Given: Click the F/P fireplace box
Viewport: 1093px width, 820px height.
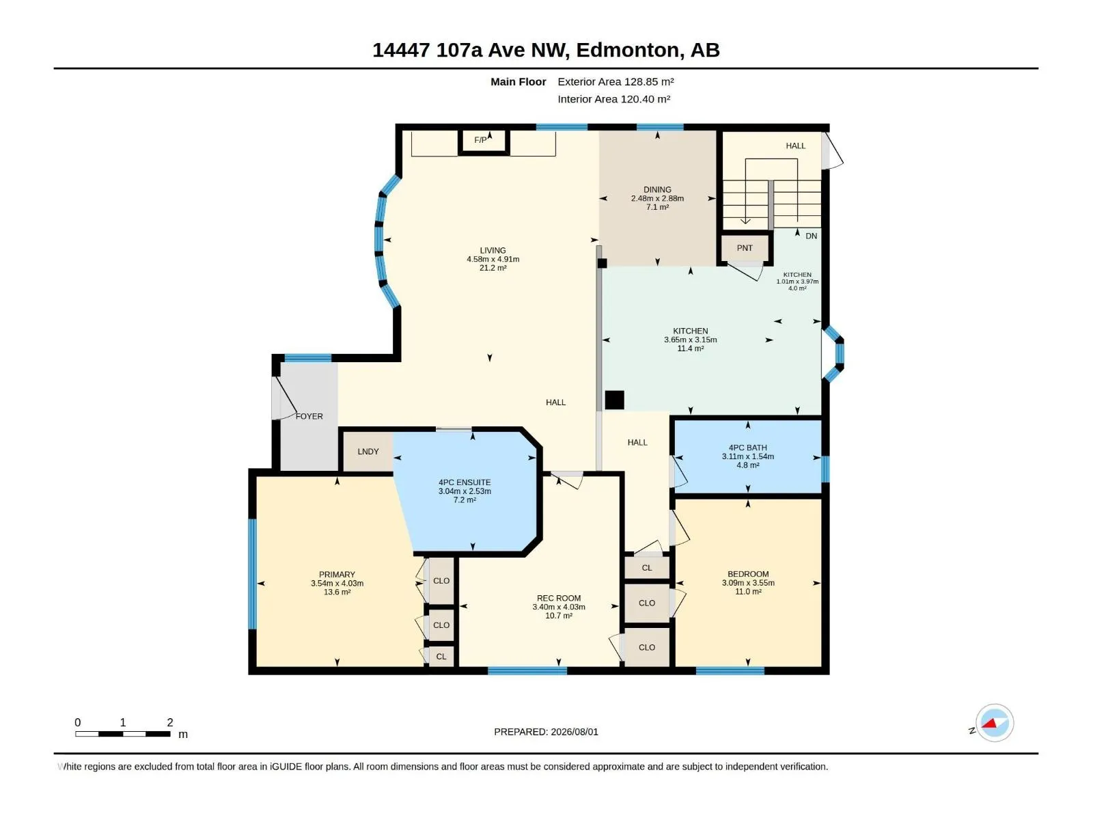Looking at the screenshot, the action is [483, 141].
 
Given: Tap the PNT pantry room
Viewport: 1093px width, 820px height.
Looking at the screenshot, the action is [745, 248].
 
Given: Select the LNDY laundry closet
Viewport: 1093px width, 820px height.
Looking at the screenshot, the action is [368, 452].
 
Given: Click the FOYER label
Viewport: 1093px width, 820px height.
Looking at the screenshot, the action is [309, 416].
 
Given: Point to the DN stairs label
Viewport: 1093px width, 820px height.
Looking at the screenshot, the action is [811, 236].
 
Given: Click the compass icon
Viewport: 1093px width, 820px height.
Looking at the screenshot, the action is [995, 723].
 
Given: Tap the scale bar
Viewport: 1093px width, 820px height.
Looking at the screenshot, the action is [122, 734].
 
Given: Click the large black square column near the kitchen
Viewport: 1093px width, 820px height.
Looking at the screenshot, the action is [614, 400].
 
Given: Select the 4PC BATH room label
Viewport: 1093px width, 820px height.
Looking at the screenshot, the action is [747, 448].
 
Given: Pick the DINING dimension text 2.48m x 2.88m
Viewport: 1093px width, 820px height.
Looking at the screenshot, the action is [657, 198].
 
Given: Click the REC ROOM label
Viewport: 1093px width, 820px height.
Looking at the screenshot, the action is [559, 598].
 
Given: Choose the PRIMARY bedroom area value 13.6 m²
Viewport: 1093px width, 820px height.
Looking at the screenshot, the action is [337, 592].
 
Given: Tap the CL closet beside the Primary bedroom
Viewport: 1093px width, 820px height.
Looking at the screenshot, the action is [441, 657].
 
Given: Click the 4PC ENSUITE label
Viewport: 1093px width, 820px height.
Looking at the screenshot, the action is [465, 482].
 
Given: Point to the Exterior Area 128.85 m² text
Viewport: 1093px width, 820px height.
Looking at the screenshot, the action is [615, 81].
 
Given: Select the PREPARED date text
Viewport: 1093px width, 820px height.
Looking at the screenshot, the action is [546, 732].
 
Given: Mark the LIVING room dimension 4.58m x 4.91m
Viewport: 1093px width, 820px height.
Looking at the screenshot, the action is [493, 260].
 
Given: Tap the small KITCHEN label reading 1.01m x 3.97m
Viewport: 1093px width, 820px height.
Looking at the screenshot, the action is [797, 282].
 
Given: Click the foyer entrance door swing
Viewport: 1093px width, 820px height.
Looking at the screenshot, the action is [284, 398].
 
